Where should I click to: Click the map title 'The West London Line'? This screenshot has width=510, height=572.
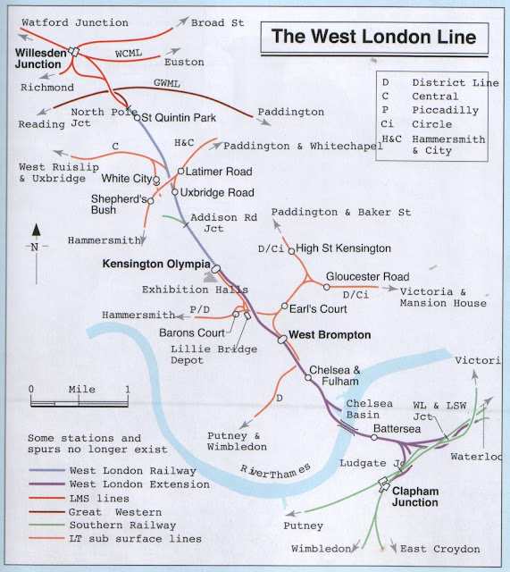(x=373, y=38)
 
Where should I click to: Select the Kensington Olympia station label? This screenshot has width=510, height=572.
(x=156, y=265)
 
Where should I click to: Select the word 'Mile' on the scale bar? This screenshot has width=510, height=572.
(x=81, y=390)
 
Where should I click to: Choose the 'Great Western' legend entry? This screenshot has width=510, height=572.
(x=119, y=512)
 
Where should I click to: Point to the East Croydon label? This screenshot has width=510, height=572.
(x=439, y=549)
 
